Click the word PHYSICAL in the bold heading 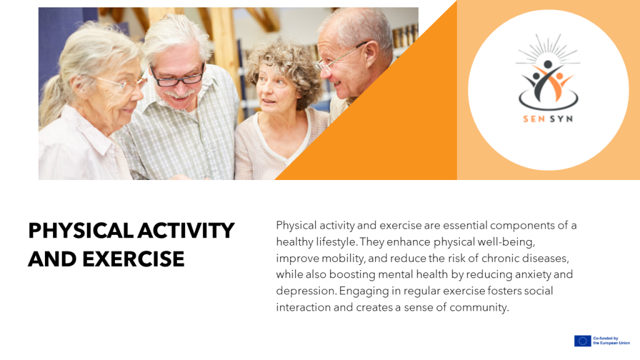point(81,231)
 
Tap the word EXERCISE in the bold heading point(134,259)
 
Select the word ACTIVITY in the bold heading point(186,231)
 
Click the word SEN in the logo point(534,119)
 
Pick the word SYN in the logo point(561,119)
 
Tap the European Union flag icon point(582,341)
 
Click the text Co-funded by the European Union point(611,341)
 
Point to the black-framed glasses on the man point(177,77)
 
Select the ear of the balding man point(371,53)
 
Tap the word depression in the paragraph point(306,291)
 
